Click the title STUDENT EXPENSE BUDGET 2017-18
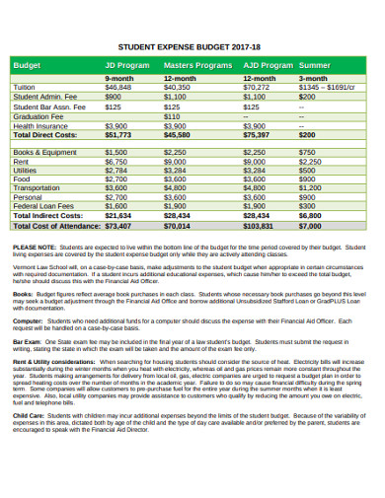click(x=192, y=45)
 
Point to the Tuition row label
click(x=25, y=88)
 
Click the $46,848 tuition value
click(x=118, y=88)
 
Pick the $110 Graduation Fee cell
click(x=173, y=116)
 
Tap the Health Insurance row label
click(x=40, y=126)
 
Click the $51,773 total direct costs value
click(x=118, y=135)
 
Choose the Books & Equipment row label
click(x=44, y=152)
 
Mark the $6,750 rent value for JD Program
click(x=116, y=161)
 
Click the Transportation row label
click(x=37, y=187)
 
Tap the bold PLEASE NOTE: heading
click(x=35, y=248)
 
